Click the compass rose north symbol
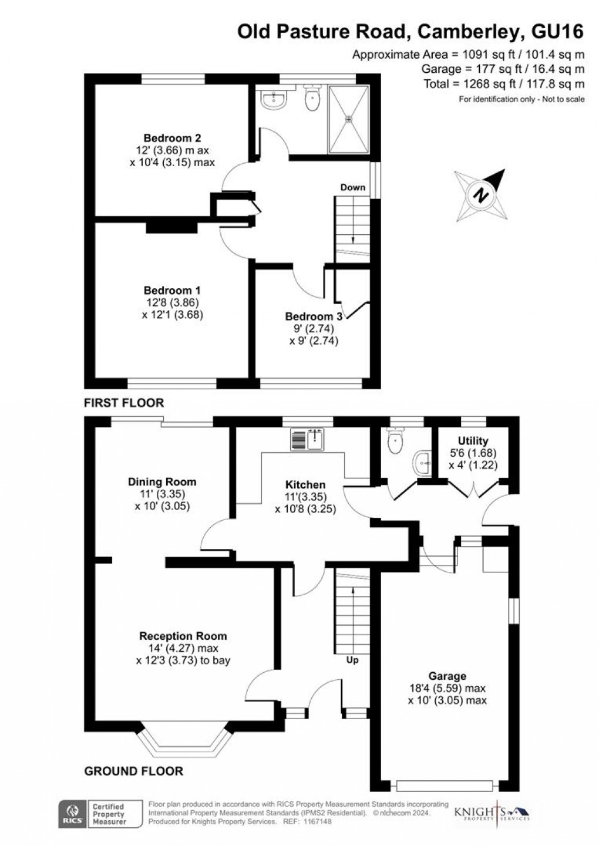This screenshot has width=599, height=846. (x=481, y=195)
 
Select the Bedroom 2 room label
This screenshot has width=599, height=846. (x=172, y=138)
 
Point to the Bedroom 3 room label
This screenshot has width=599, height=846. (x=314, y=316)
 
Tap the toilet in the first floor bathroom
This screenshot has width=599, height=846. (x=311, y=99)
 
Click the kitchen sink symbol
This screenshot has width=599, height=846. (x=307, y=439)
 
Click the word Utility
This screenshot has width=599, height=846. (x=473, y=441)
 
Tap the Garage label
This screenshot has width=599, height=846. (x=447, y=676)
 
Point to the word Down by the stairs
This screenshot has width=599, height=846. (x=353, y=187)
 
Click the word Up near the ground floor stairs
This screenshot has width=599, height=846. (x=352, y=660)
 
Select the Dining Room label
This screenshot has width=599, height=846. (x=162, y=482)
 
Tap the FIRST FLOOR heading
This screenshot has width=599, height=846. (x=124, y=403)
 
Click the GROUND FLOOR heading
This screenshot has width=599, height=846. (x=134, y=771)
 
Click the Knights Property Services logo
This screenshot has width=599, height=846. (x=492, y=813)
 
